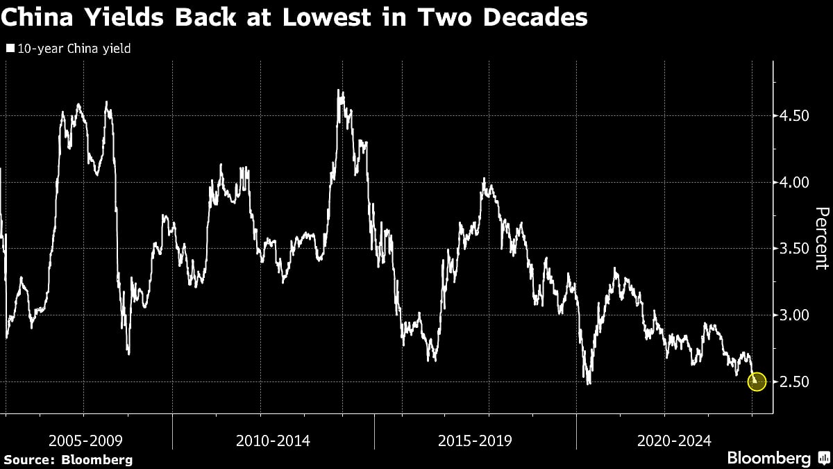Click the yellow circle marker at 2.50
[x=757, y=381]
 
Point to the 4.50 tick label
[x=791, y=115]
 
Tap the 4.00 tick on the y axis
[x=791, y=182]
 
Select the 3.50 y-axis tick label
[x=791, y=249]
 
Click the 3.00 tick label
[x=791, y=315]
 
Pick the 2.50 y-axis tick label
[x=791, y=381]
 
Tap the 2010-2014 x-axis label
[x=273, y=440]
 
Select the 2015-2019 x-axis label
[x=475, y=440]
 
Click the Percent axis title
[x=821, y=238]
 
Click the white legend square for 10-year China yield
[x=10, y=49]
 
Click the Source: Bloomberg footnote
[x=68, y=459]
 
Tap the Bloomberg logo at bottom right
[x=768, y=459]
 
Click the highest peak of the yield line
[x=339, y=90]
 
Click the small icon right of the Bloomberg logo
[x=823, y=459]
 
